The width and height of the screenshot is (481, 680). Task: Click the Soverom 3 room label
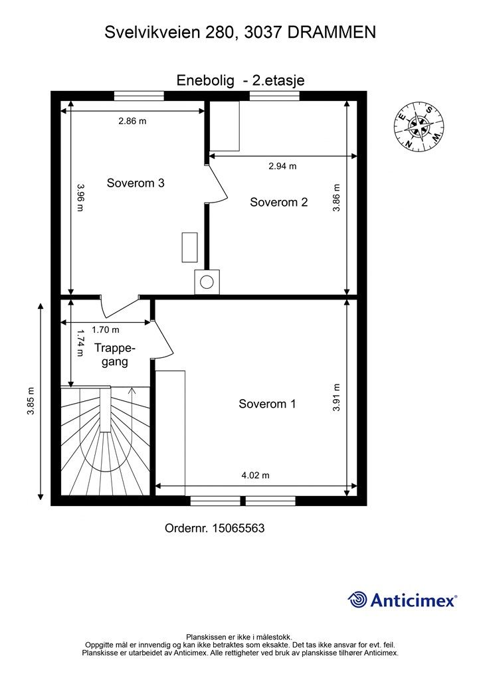[136, 183]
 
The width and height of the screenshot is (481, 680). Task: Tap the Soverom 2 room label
[278, 203]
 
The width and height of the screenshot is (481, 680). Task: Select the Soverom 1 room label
[267, 404]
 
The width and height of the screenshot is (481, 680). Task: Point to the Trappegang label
[114, 355]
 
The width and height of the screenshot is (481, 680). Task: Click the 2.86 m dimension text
[132, 122]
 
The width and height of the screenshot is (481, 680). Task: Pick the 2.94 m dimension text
[282, 166]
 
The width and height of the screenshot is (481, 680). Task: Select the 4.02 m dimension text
[255, 475]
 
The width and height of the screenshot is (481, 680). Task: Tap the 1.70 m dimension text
[106, 330]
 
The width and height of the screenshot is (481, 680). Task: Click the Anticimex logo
[403, 600]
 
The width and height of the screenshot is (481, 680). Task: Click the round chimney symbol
[207, 282]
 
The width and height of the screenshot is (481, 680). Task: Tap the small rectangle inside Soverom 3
[190, 248]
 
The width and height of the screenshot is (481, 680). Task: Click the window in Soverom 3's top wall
[139, 96]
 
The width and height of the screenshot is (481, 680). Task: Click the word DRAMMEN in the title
[332, 32]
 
